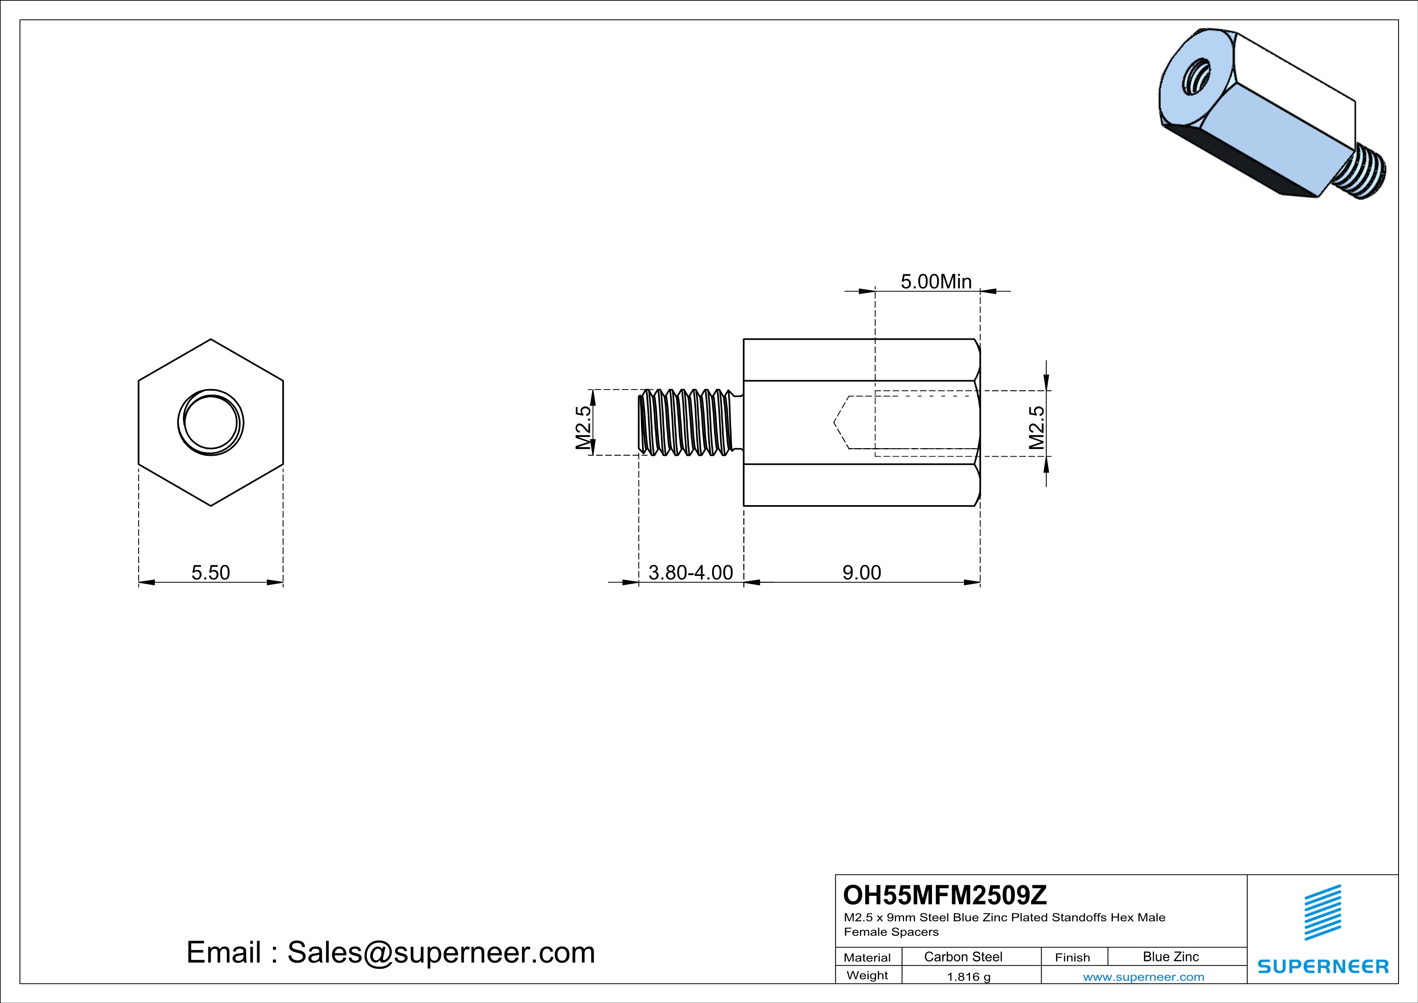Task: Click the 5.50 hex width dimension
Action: (211, 573)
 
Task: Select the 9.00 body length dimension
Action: (862, 573)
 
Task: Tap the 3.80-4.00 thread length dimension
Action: (691, 573)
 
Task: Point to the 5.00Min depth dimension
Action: (936, 281)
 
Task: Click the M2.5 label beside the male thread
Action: (583, 427)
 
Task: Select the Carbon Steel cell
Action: (963, 956)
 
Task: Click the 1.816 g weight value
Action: (968, 976)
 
